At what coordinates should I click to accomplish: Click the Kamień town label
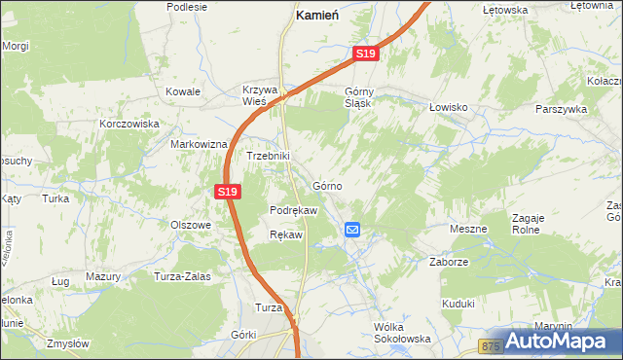(x=316, y=18)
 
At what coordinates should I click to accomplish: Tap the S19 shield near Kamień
(x=365, y=55)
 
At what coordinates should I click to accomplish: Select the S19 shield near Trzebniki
(x=227, y=192)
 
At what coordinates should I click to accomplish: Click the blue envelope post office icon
(x=352, y=230)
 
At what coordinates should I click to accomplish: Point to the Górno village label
(x=327, y=185)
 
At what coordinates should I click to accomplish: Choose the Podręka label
(x=293, y=210)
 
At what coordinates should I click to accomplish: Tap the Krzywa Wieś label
(x=261, y=96)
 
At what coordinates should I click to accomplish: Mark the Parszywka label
(x=561, y=110)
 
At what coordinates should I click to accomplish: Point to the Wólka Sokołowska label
(x=402, y=333)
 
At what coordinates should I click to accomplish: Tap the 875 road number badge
(x=493, y=345)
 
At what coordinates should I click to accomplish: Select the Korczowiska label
(x=128, y=125)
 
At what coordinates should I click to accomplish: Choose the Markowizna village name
(x=199, y=143)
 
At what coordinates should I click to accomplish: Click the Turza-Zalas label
(x=182, y=276)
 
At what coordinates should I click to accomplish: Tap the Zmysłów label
(x=68, y=343)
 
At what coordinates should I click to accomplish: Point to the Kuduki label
(x=458, y=304)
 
